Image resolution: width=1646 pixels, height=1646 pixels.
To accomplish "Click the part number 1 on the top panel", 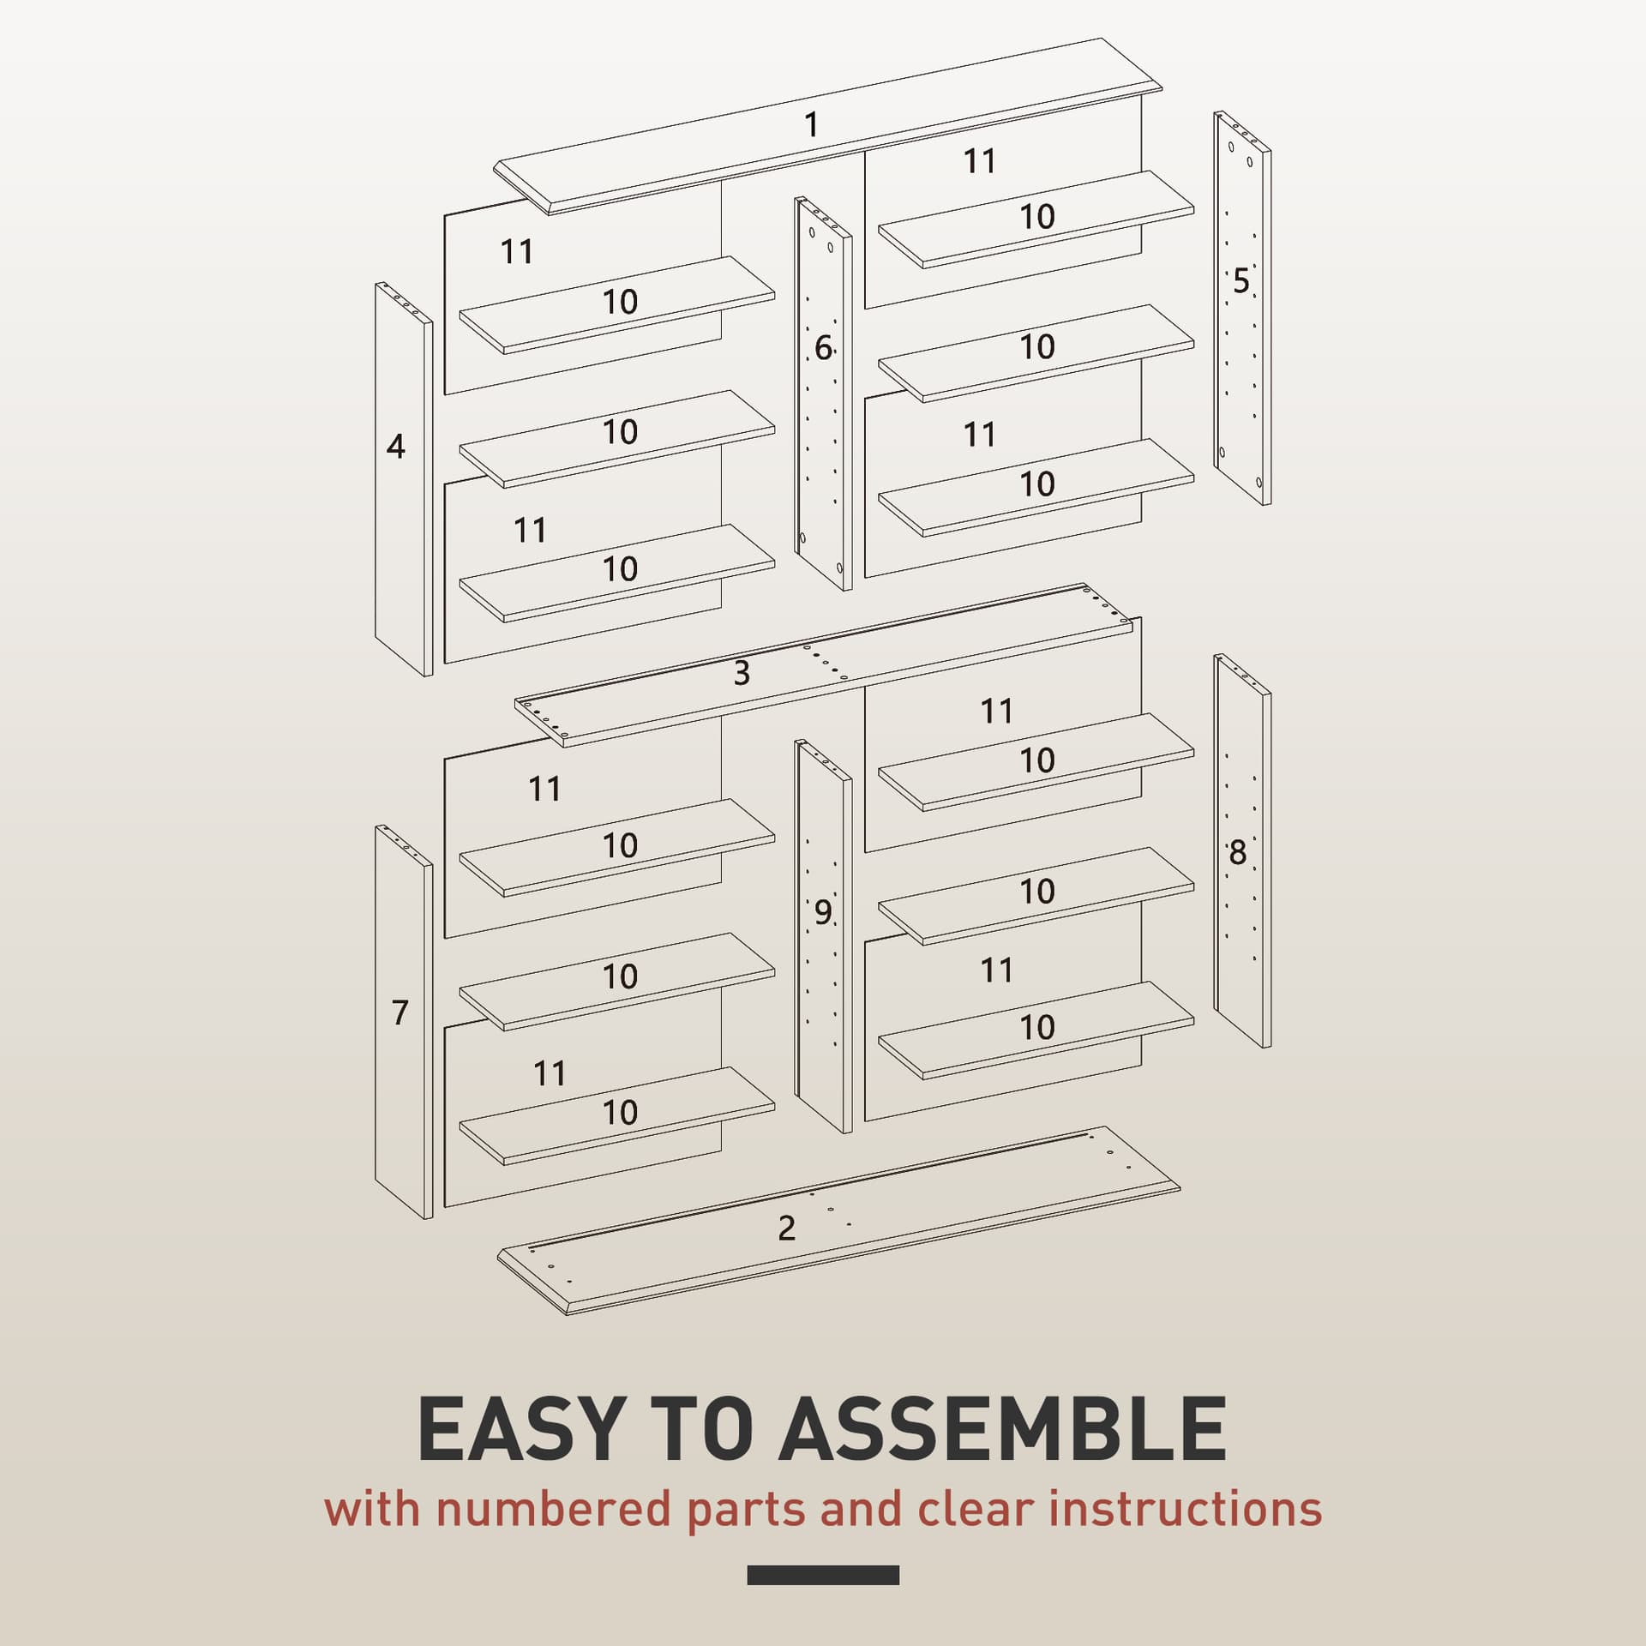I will [x=811, y=125].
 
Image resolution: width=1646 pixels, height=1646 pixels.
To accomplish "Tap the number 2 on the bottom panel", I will [x=786, y=1228].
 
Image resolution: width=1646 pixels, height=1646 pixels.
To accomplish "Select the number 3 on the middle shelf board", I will [x=742, y=673].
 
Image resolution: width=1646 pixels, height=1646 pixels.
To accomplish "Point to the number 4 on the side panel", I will [x=395, y=446].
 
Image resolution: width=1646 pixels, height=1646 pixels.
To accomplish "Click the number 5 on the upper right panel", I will [x=1241, y=281].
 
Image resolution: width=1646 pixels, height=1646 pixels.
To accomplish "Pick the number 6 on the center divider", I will [x=823, y=348].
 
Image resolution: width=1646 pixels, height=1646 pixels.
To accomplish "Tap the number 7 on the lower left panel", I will [x=399, y=1012].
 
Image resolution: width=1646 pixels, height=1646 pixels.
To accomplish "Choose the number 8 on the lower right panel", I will [x=1237, y=853].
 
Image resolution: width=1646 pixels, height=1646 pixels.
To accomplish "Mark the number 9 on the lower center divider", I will [x=823, y=913].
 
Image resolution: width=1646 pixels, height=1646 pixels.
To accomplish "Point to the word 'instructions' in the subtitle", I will [x=1185, y=1533].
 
